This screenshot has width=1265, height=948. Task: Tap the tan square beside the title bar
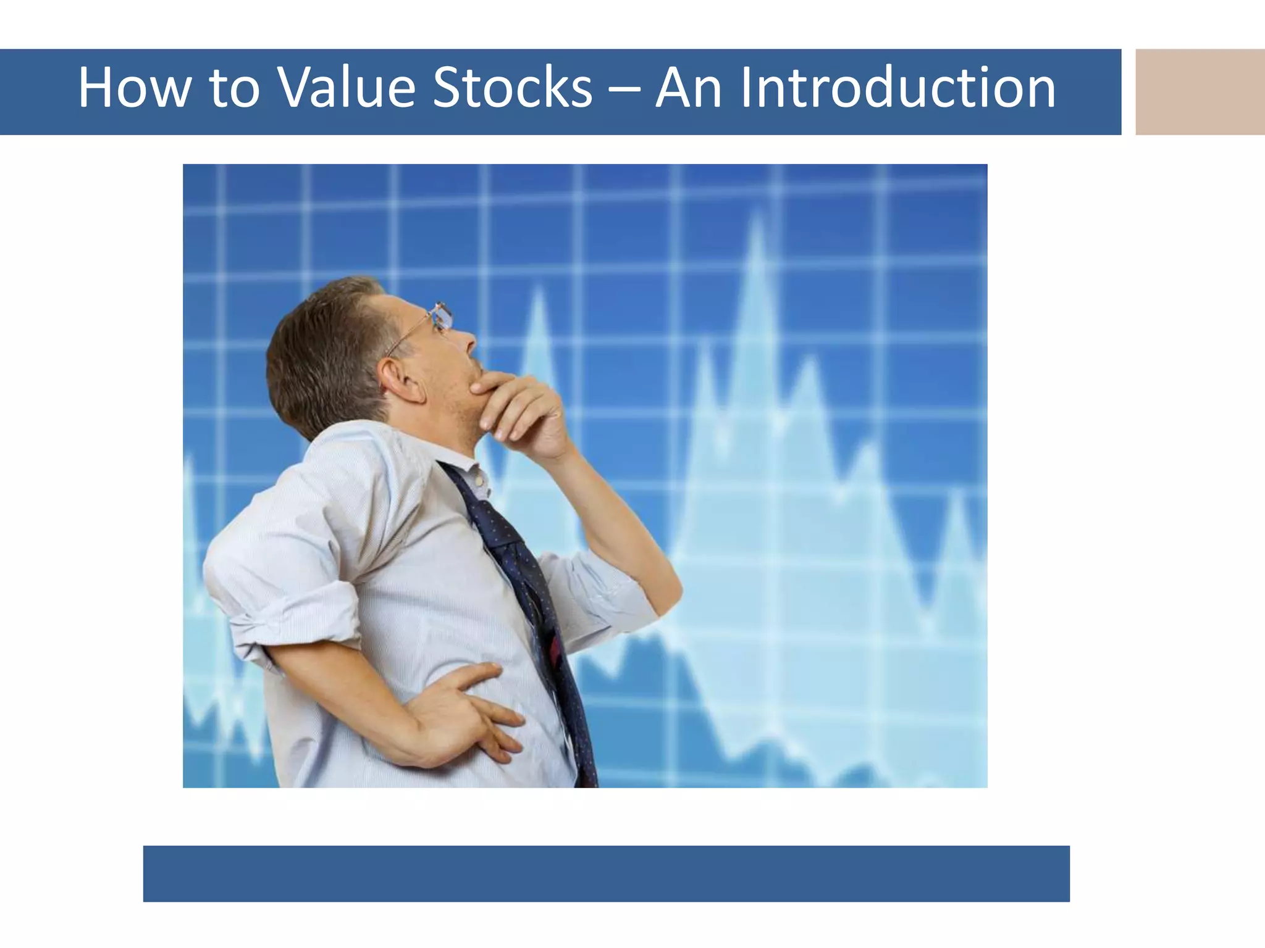pyautogui.click(x=1200, y=91)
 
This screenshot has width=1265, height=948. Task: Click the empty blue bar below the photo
pyautogui.click(x=606, y=873)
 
